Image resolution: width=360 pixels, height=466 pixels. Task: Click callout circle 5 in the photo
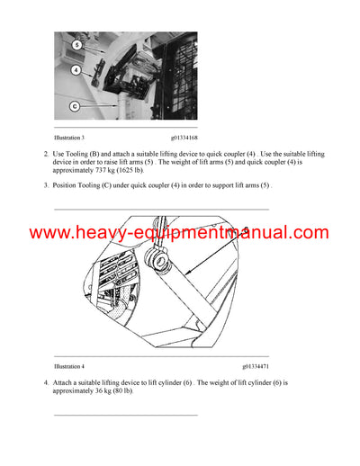(x=76, y=45)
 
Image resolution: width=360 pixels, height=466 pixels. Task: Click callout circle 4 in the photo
(x=76, y=68)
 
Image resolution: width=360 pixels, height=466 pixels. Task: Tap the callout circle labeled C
(x=76, y=105)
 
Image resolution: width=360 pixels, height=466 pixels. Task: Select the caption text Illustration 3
(x=70, y=138)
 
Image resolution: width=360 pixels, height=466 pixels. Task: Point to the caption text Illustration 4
(x=70, y=366)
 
